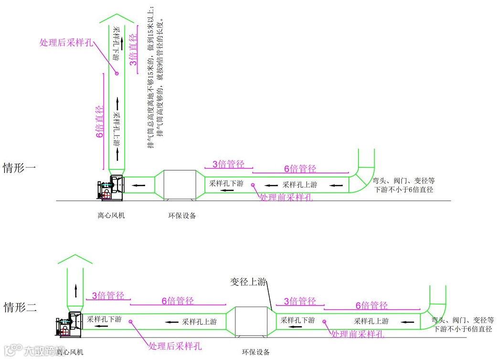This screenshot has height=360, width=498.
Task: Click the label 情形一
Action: coord(20,168)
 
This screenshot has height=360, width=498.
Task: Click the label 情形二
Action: coord(20,307)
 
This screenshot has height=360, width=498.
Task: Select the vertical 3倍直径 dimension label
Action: coord(134,50)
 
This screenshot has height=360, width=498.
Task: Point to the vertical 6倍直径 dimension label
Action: coord(100,122)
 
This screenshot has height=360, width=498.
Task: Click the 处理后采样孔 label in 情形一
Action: coord(66,42)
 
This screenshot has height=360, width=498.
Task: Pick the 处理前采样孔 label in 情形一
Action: coord(286,197)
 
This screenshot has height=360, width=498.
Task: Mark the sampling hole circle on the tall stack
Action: coord(116,73)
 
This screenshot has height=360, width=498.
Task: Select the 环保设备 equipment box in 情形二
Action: coord(248,323)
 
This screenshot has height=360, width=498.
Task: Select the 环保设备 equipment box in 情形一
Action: coord(180,183)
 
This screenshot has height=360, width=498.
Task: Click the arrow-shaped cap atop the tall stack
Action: coord(117,20)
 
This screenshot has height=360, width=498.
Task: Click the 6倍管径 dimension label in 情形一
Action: coord(300,169)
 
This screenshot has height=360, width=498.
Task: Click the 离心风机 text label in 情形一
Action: coord(111,215)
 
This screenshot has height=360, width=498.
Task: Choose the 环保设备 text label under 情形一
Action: coord(182,215)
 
